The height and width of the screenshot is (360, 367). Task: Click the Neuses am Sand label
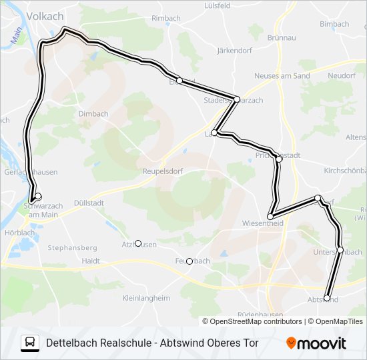[x=282, y=76]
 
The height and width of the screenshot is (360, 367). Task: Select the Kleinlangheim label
[x=146, y=299]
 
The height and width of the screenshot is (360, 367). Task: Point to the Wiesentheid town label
[x=263, y=224]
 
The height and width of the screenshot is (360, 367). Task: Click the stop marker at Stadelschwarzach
[x=237, y=99]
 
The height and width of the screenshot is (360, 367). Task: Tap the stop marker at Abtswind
[x=327, y=298]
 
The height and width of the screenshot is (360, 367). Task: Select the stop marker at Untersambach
[x=340, y=250]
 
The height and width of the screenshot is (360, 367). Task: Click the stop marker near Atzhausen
[x=138, y=243]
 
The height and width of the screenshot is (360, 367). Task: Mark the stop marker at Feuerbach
[x=190, y=261]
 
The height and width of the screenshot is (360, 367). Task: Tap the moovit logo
[x=316, y=343]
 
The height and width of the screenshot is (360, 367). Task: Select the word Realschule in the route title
[x=119, y=343]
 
